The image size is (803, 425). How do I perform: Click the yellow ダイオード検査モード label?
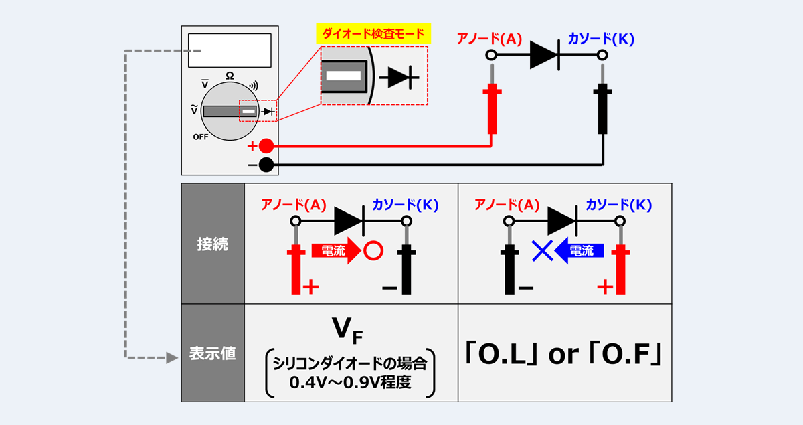[x=373, y=33]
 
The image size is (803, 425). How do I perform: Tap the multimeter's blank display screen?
[x=230, y=50]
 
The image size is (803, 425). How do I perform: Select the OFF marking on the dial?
[x=201, y=137]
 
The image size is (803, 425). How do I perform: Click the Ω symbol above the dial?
[x=230, y=76]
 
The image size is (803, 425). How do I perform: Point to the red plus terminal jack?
[x=266, y=146]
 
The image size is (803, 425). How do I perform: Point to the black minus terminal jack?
[x=266, y=165]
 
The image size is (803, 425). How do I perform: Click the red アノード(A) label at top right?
[x=489, y=39]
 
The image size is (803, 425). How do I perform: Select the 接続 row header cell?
[x=212, y=244]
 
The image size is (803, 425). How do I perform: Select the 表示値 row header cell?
[x=212, y=353]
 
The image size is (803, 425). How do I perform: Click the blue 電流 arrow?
[x=579, y=251]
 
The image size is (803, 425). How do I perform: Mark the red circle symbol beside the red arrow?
[x=373, y=251]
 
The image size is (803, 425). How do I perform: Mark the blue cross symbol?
[x=541, y=251]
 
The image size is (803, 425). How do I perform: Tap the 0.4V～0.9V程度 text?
[x=351, y=383]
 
